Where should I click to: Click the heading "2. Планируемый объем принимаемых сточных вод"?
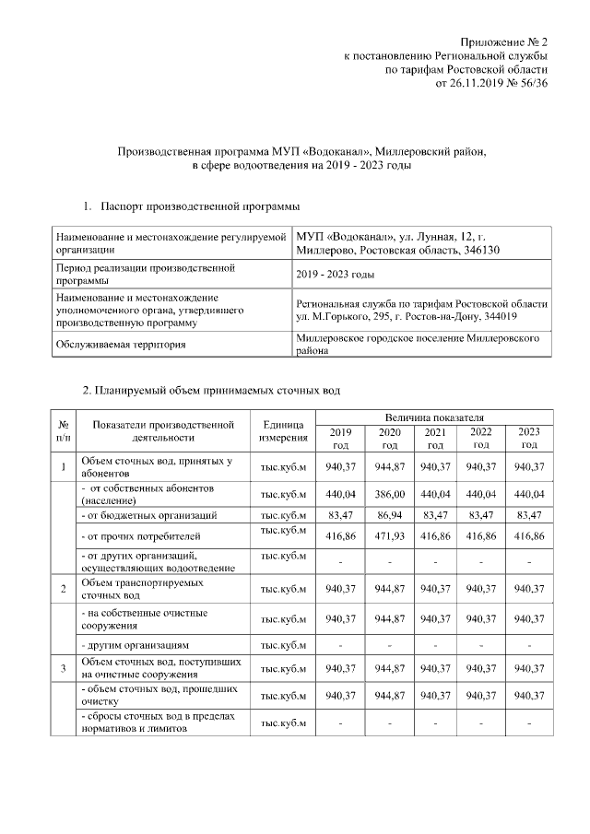coord(211,391)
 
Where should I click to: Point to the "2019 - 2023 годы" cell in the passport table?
coord(335,274)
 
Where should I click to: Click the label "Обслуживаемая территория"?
coord(128,345)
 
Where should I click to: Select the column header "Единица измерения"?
coord(283,430)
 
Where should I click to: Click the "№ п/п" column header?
coord(62,430)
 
